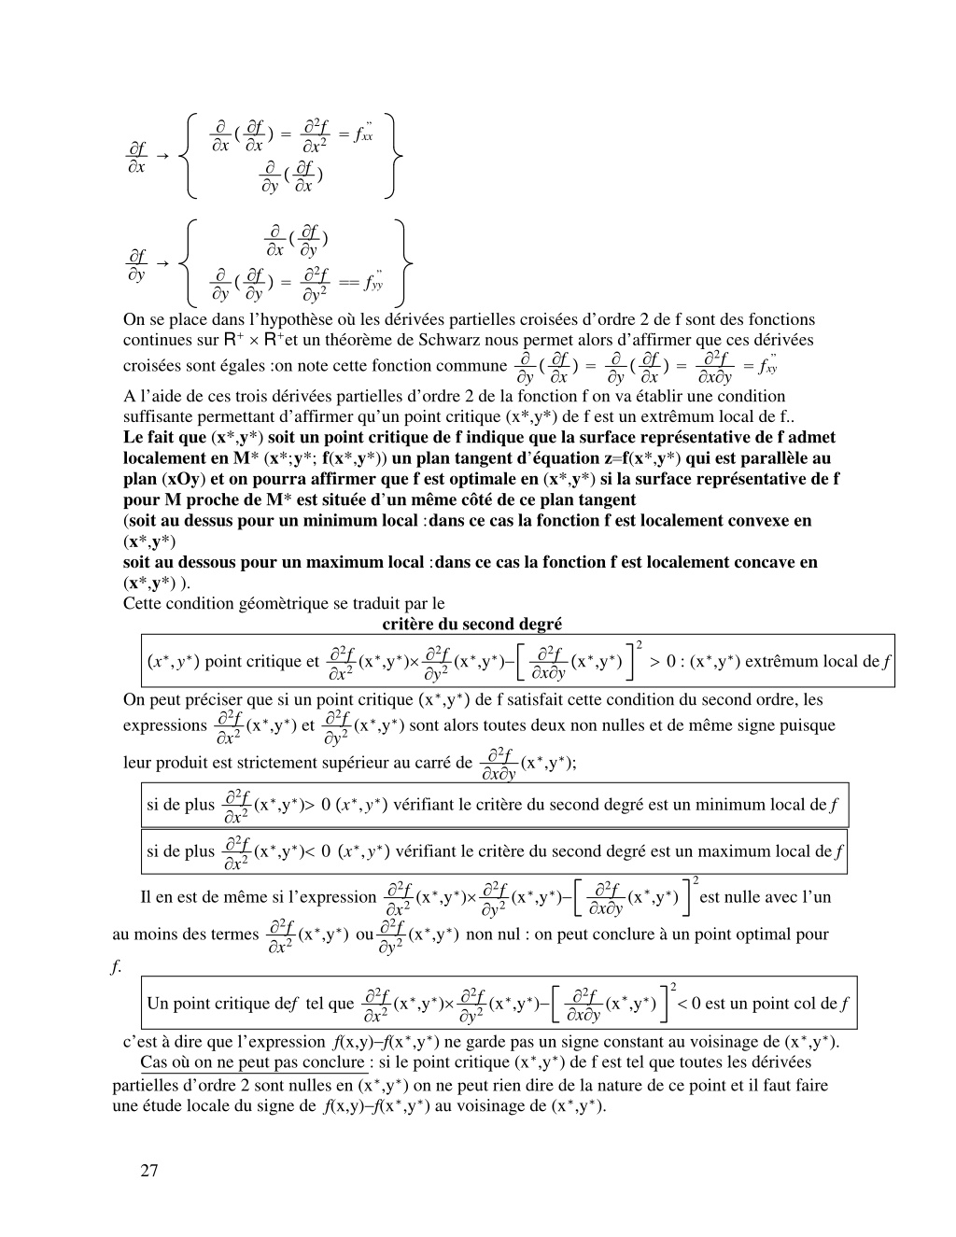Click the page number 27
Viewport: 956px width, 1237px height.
tap(149, 1171)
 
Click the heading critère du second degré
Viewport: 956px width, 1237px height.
tap(472, 624)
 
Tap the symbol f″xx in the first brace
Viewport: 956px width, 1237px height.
tap(363, 134)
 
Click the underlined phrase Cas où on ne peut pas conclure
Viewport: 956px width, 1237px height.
tap(252, 1062)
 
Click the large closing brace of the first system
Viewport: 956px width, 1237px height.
tap(396, 156)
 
